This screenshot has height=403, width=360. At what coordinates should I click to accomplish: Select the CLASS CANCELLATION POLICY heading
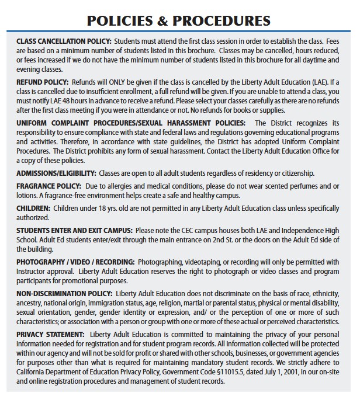(64, 42)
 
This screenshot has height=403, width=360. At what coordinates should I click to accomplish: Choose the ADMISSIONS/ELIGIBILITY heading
(56, 173)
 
